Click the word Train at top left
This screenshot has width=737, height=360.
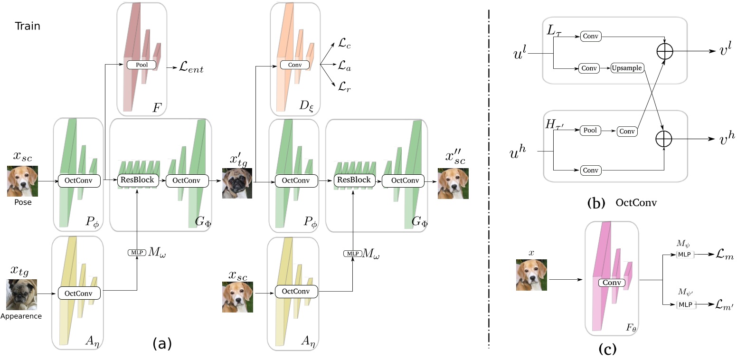(x=28, y=26)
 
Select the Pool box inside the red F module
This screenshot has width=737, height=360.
(x=141, y=65)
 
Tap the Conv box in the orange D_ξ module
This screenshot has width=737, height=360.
(x=294, y=65)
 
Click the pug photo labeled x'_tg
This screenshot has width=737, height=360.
(x=237, y=183)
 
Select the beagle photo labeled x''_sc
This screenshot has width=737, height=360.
(x=453, y=183)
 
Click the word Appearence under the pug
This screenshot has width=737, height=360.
(x=22, y=316)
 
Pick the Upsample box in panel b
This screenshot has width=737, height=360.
(x=627, y=68)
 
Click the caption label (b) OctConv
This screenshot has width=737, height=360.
(x=622, y=203)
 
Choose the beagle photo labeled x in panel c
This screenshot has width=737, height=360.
(x=531, y=275)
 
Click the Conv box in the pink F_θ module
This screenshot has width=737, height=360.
(x=611, y=283)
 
